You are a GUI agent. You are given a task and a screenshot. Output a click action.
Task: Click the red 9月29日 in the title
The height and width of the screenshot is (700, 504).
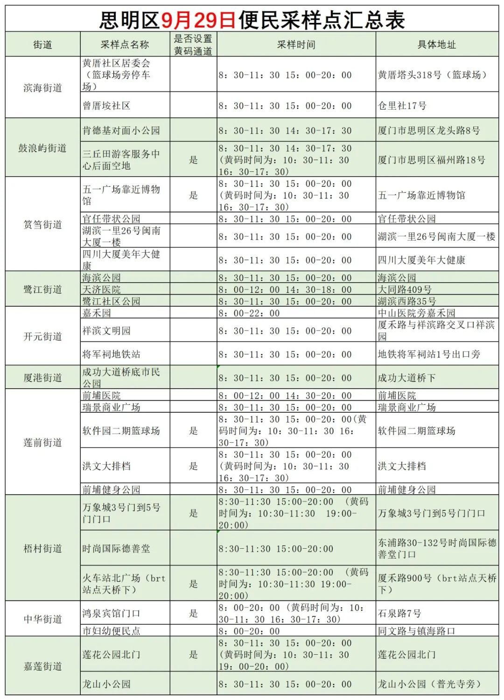pos(199,20)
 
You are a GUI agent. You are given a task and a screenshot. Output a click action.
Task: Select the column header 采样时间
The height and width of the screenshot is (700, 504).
pos(296,45)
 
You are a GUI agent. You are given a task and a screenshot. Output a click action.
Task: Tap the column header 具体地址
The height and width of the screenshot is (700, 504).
pos(436,45)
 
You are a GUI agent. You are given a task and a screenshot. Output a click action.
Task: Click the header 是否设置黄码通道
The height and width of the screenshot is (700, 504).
pos(193,45)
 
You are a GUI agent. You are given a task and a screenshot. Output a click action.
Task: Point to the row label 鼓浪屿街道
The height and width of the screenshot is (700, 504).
pos(42,148)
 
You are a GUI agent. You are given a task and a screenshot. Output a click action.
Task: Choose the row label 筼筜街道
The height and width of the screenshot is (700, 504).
pos(42,225)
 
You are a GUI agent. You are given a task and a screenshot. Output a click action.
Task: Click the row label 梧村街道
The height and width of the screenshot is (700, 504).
pos(42,548)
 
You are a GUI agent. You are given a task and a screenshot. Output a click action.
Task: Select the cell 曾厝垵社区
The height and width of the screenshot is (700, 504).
pos(106,106)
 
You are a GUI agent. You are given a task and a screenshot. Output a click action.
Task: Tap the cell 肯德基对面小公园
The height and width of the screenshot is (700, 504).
pos(121,131)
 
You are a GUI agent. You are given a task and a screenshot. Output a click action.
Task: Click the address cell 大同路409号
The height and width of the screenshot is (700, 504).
pos(405,290)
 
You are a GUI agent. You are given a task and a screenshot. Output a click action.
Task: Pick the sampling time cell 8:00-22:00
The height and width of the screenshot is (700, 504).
pos(249,313)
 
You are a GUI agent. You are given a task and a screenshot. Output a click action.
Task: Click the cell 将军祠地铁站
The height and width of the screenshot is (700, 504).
pos(112,354)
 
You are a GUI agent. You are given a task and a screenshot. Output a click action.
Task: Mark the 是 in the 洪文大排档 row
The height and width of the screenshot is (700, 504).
pos(193,466)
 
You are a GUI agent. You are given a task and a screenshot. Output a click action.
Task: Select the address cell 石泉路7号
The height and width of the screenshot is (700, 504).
pos(399,613)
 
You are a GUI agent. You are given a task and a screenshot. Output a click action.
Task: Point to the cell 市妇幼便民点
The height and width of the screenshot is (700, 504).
pos(112,631)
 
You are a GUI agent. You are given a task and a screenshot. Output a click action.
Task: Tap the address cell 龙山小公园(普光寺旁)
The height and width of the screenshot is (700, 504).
pos(429,684)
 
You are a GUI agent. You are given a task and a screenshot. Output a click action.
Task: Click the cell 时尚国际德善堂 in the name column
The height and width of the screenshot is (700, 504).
pos(117,549)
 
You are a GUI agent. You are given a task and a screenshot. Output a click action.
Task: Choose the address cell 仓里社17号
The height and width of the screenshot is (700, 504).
pos(402,106)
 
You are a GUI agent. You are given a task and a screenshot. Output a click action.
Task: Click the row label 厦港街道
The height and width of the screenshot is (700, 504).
pos(42,378)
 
